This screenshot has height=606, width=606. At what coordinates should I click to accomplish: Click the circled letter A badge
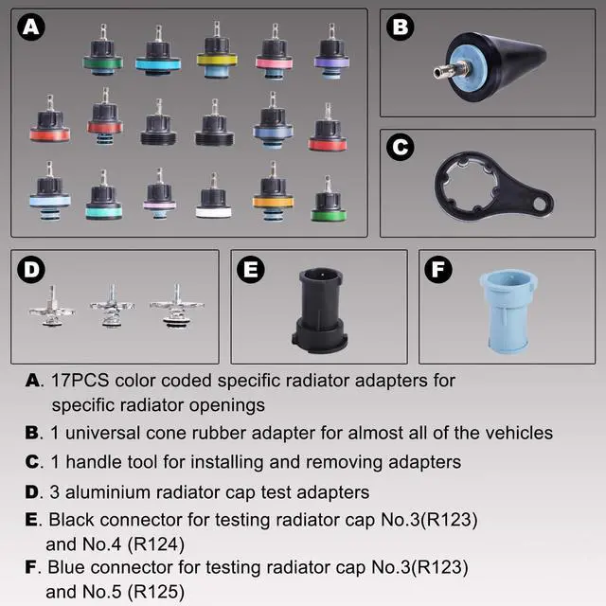[x=32, y=28]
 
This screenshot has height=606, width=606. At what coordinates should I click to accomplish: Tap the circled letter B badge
[x=401, y=28]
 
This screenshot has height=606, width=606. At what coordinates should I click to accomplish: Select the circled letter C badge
[x=401, y=148]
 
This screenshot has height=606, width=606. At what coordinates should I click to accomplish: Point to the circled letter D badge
[x=32, y=270]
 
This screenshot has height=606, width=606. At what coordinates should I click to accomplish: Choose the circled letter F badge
[x=438, y=270]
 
